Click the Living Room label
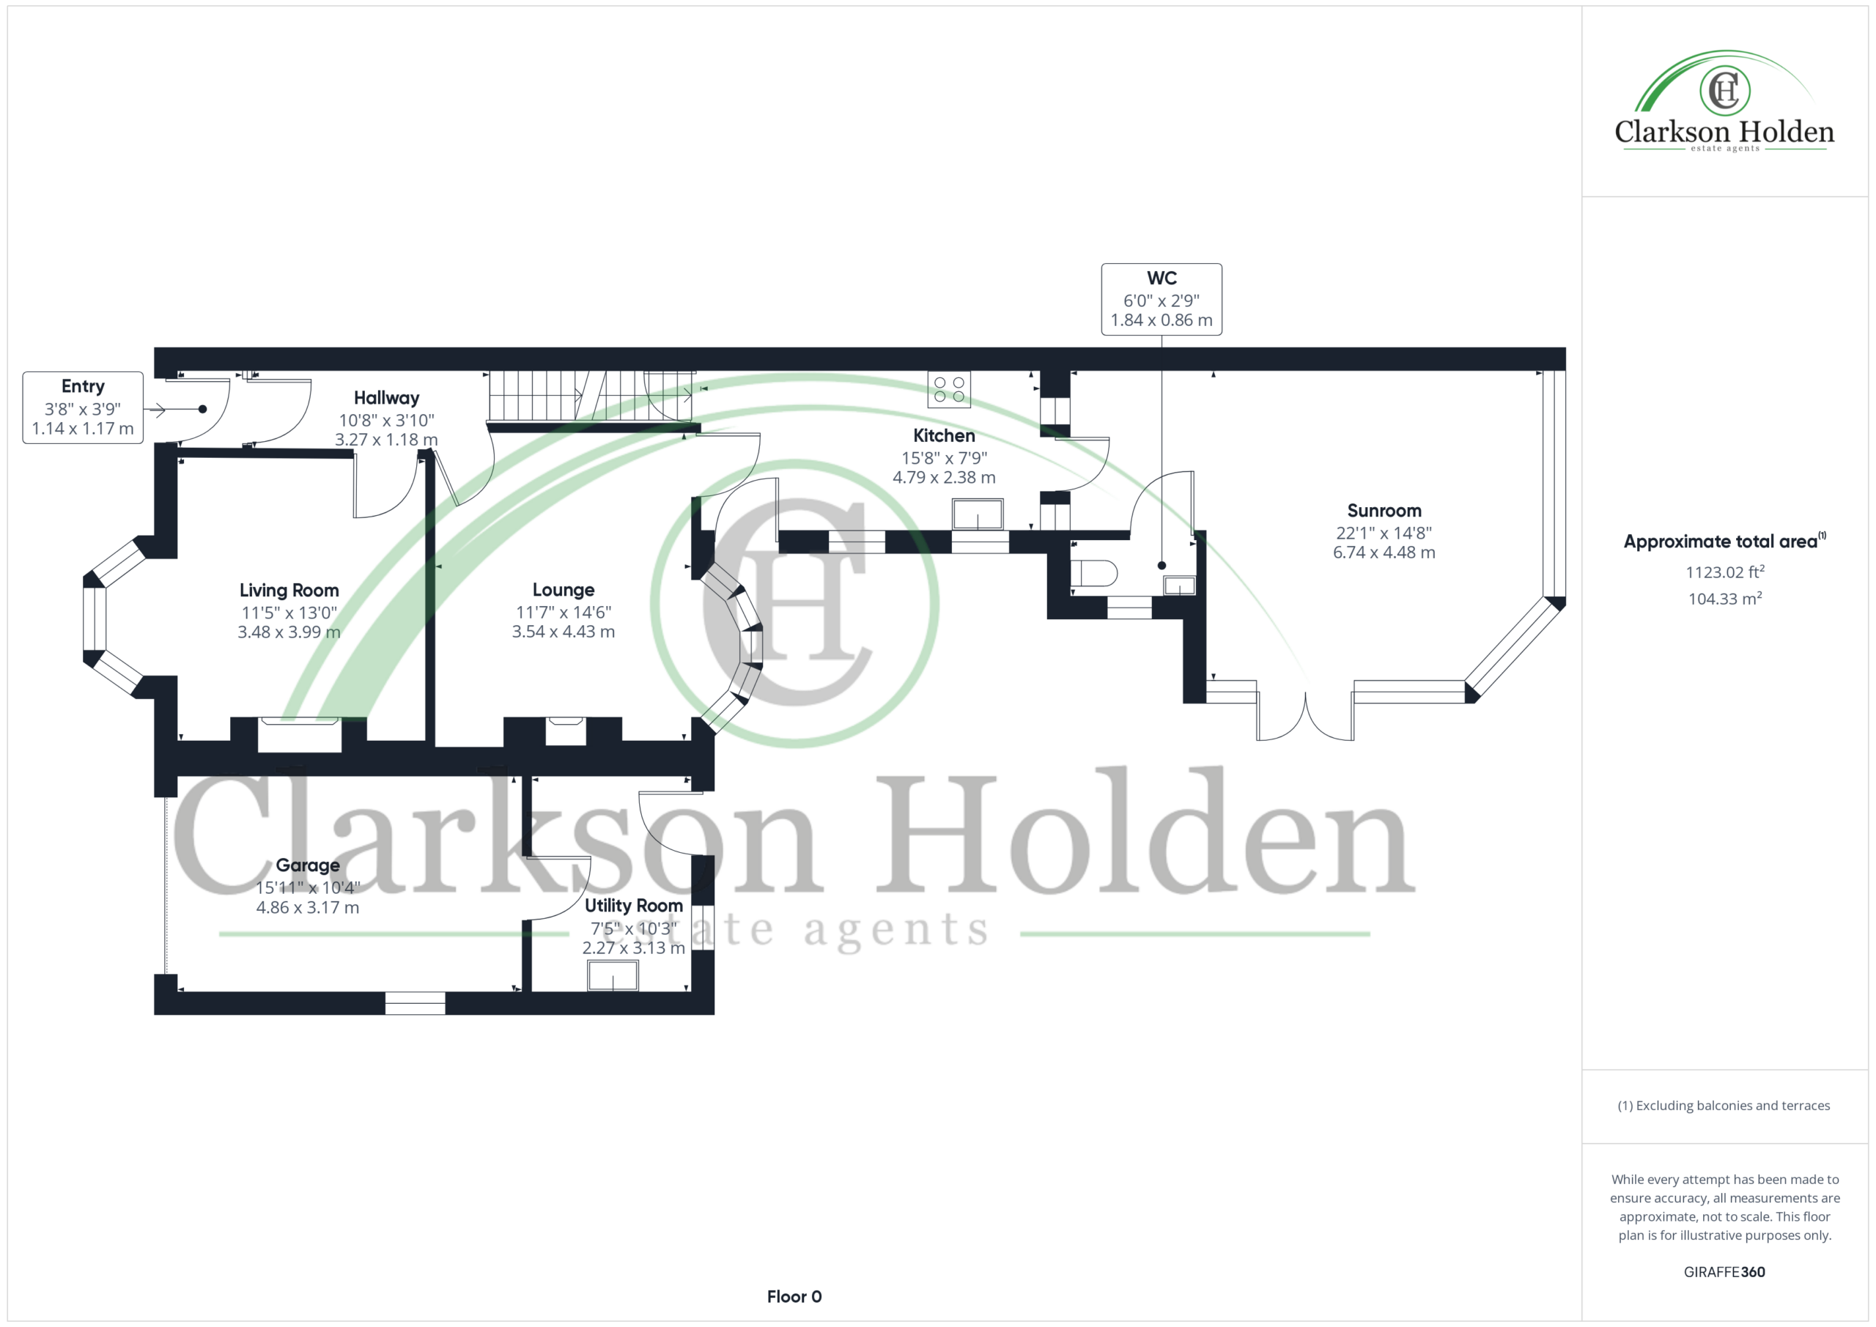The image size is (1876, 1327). pyautogui.click(x=289, y=590)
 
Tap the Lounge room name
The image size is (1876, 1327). pyautogui.click(x=563, y=590)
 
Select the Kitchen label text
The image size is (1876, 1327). pyautogui.click(x=944, y=435)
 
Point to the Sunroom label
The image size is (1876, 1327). pyautogui.click(x=1384, y=511)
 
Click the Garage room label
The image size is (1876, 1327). pyautogui.click(x=307, y=865)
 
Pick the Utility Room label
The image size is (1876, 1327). pyautogui.click(x=633, y=906)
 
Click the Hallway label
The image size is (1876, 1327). pyautogui.click(x=386, y=398)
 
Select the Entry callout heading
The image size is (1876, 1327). pyautogui.click(x=83, y=386)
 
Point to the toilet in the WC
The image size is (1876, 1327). pyautogui.click(x=1093, y=573)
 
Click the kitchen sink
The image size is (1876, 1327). pyautogui.click(x=978, y=514)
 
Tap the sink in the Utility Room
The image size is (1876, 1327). pyautogui.click(x=613, y=975)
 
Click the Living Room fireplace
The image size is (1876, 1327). pyautogui.click(x=299, y=733)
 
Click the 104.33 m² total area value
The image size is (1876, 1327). pyautogui.click(x=1724, y=598)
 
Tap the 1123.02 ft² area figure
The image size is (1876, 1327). pyautogui.click(x=1724, y=572)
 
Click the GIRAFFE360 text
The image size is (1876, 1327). pyautogui.click(x=1724, y=1271)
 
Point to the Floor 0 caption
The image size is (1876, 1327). pyautogui.click(x=794, y=1296)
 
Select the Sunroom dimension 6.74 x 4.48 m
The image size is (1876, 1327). pyautogui.click(x=1384, y=552)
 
